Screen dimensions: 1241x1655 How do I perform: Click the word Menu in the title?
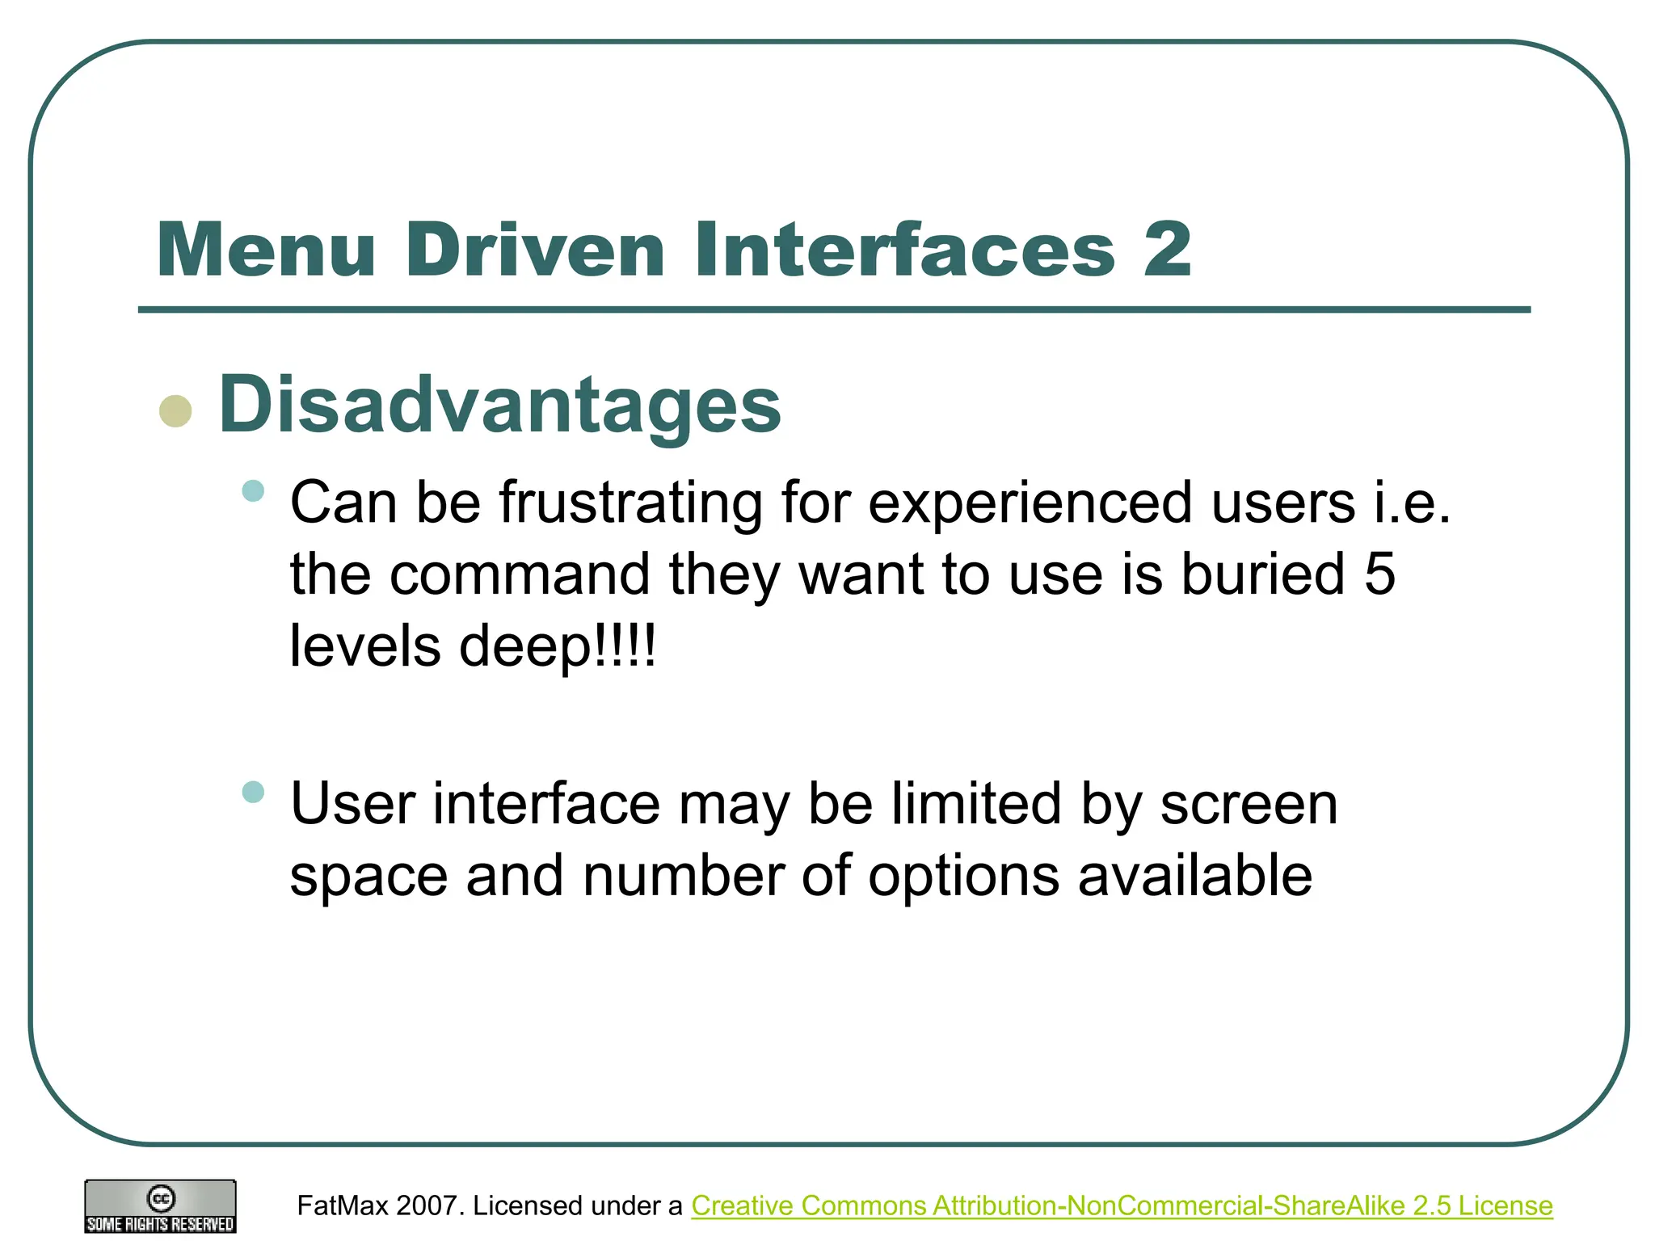(267, 250)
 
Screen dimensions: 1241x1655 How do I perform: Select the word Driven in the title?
(534, 250)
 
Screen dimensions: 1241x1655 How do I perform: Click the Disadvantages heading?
(499, 405)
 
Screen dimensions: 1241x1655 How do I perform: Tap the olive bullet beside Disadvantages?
(175, 410)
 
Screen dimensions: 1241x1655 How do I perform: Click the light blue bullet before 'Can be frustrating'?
(253, 490)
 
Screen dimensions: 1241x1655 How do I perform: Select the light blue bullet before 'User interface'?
(253, 792)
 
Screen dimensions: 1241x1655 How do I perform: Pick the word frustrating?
(630, 503)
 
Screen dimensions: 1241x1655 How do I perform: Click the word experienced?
(1030, 503)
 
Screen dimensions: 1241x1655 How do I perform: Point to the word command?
(520, 574)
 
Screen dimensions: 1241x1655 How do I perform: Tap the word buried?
(1263, 574)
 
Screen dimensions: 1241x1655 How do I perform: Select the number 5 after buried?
(1380, 574)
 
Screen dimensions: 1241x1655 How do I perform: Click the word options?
(963, 876)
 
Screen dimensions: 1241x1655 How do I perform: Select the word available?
(1195, 876)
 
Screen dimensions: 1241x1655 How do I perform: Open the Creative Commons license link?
(1122, 1205)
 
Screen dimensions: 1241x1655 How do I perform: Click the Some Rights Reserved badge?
(161, 1206)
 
